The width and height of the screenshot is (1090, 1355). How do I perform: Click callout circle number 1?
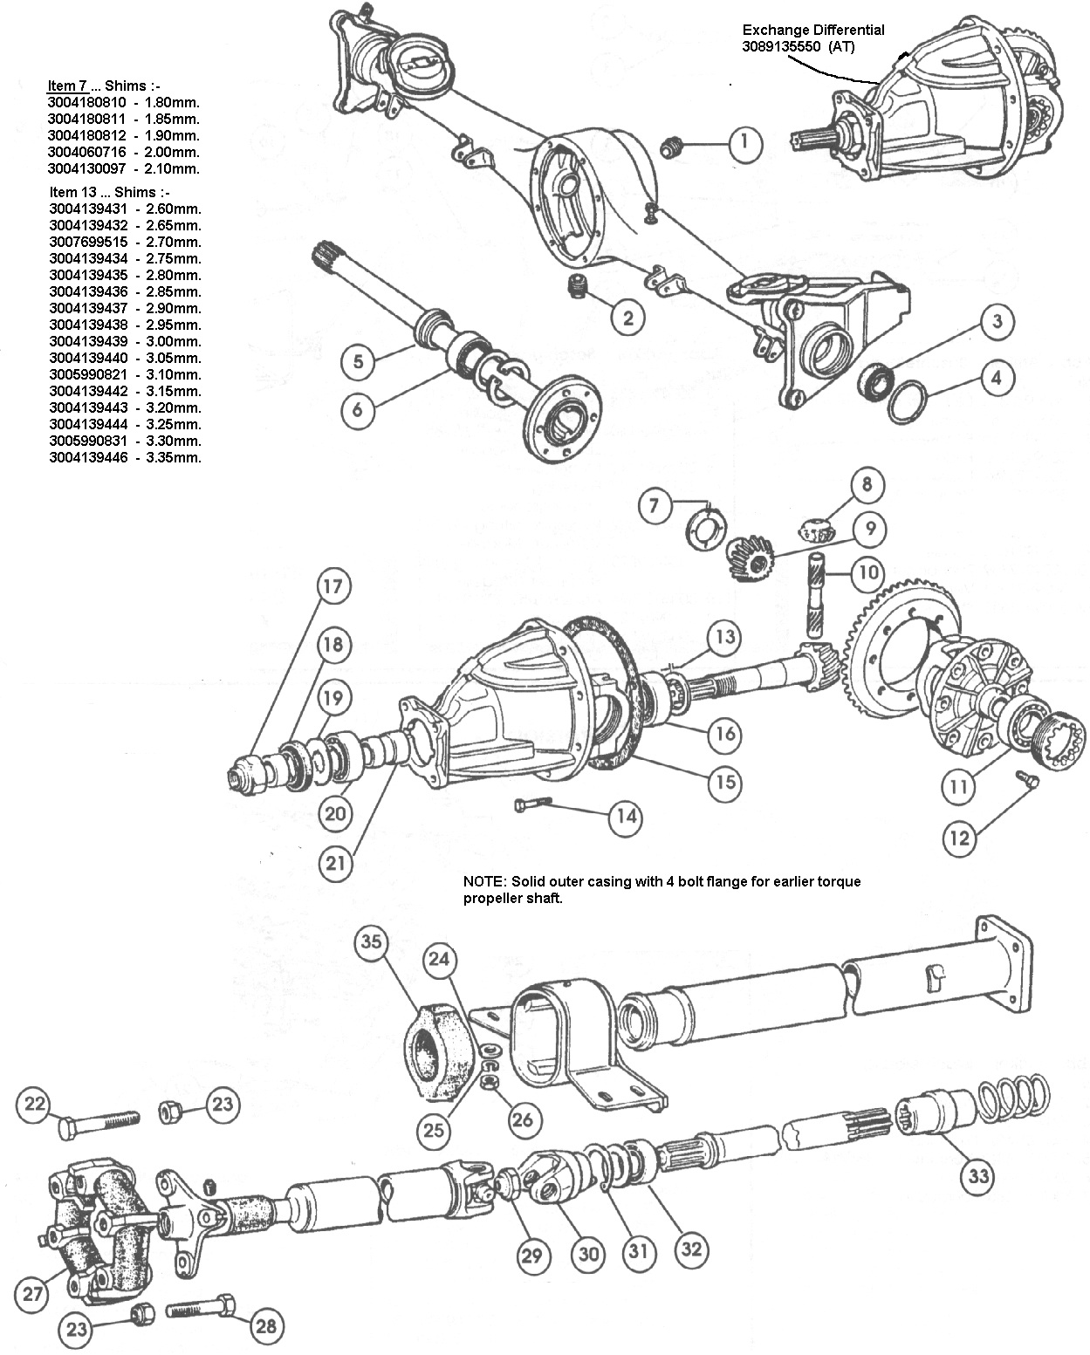(744, 143)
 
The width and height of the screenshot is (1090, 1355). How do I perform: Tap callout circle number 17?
(332, 586)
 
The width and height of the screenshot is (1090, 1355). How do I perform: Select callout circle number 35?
(372, 942)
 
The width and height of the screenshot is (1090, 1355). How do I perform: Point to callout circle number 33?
(977, 1176)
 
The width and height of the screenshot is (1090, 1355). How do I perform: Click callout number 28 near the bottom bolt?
(266, 1326)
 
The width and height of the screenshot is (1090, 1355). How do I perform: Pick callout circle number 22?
(34, 1104)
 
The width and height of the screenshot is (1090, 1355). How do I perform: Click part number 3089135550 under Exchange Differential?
(781, 47)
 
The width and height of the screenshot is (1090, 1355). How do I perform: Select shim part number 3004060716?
(87, 152)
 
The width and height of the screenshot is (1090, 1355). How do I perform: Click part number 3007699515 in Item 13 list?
(88, 242)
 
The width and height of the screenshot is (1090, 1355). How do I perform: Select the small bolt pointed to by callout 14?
(533, 804)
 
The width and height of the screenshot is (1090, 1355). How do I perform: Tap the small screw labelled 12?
(1026, 779)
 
